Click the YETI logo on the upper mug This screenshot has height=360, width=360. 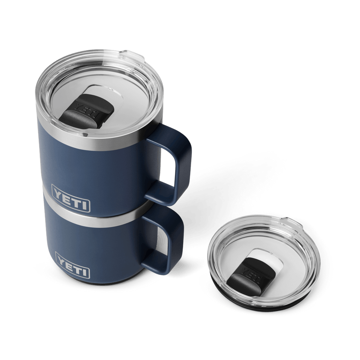(x=71, y=198)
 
